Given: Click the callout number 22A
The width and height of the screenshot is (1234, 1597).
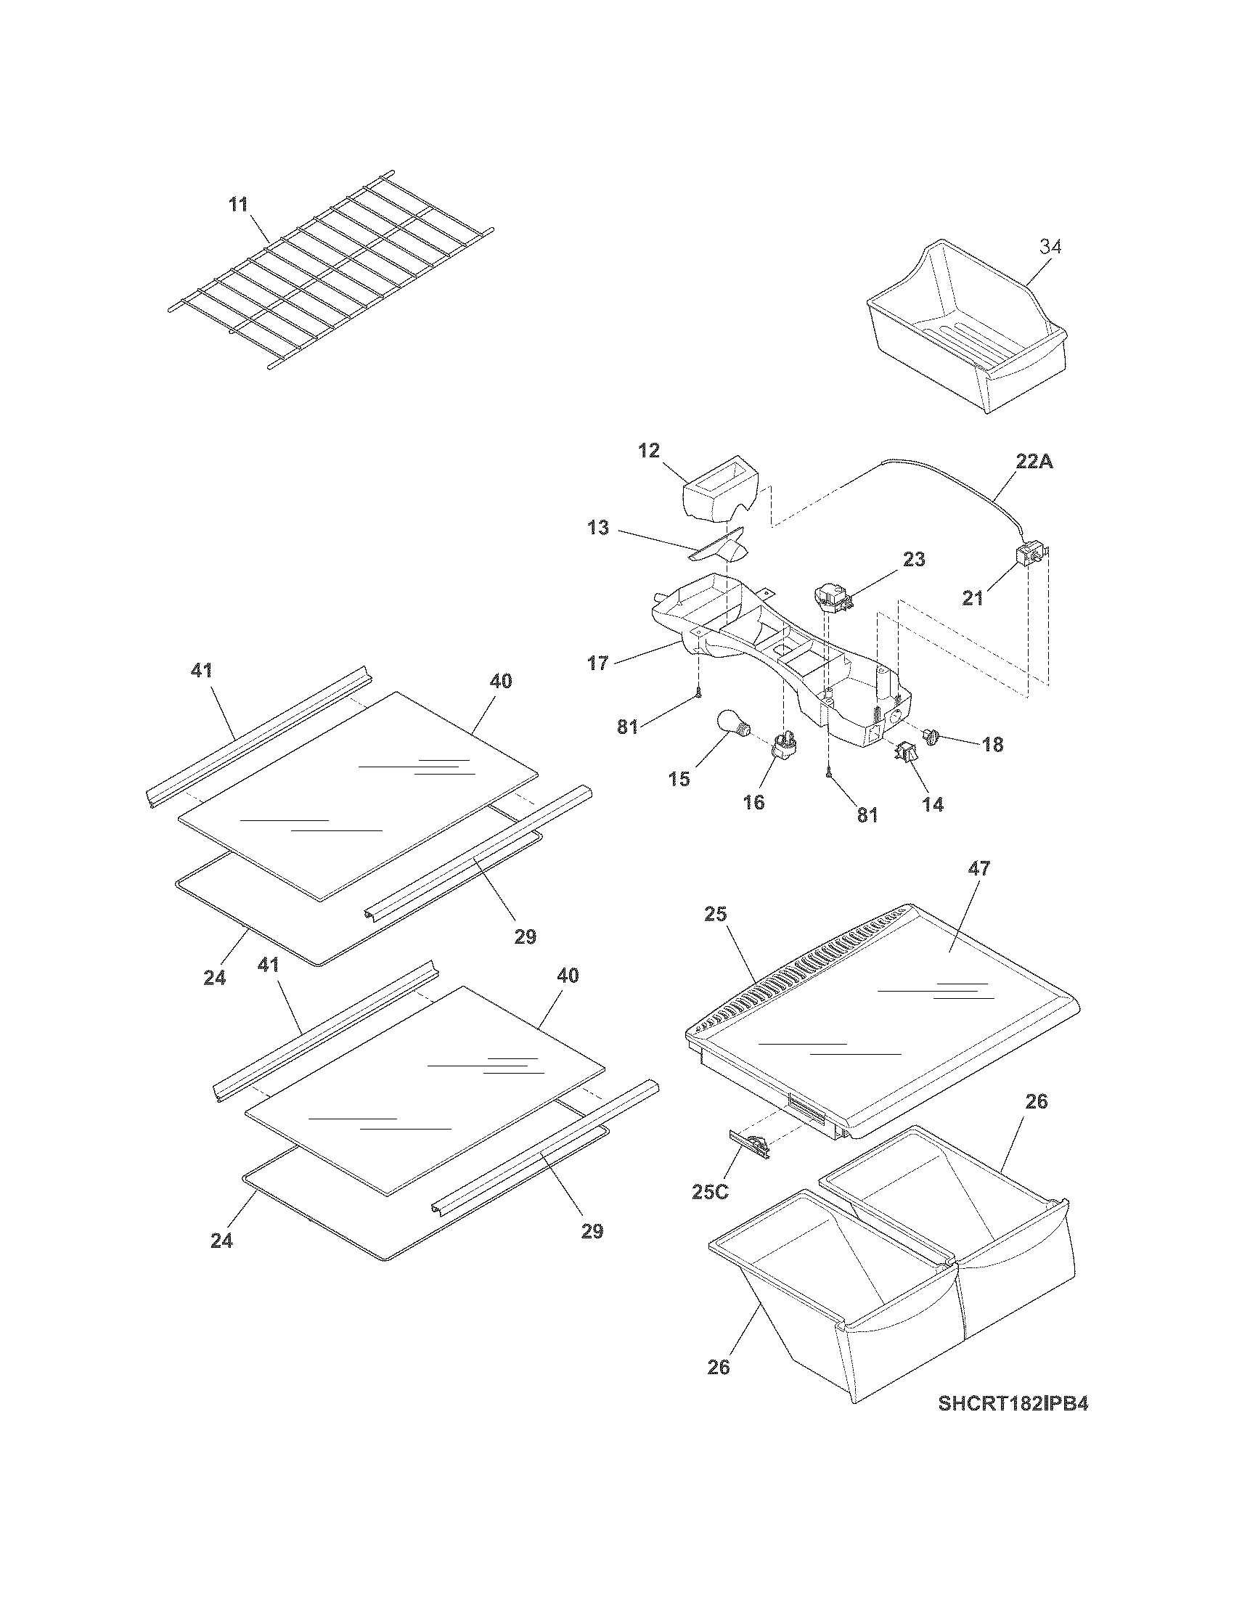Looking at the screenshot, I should [1034, 462].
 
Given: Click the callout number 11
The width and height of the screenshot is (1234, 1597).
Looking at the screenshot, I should [238, 204].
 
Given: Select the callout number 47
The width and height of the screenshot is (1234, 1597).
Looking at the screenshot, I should [979, 868].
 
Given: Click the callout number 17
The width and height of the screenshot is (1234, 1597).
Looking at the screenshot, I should [597, 664].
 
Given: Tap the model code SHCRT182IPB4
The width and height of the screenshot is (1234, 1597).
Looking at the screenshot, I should [1013, 1424].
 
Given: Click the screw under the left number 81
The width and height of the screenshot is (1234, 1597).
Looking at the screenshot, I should [699, 694].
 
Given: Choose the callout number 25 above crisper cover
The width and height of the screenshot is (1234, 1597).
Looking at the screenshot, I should [716, 913].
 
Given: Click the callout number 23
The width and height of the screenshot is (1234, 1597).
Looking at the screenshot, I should [914, 560].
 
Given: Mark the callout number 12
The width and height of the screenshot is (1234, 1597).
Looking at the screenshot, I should [648, 450].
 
